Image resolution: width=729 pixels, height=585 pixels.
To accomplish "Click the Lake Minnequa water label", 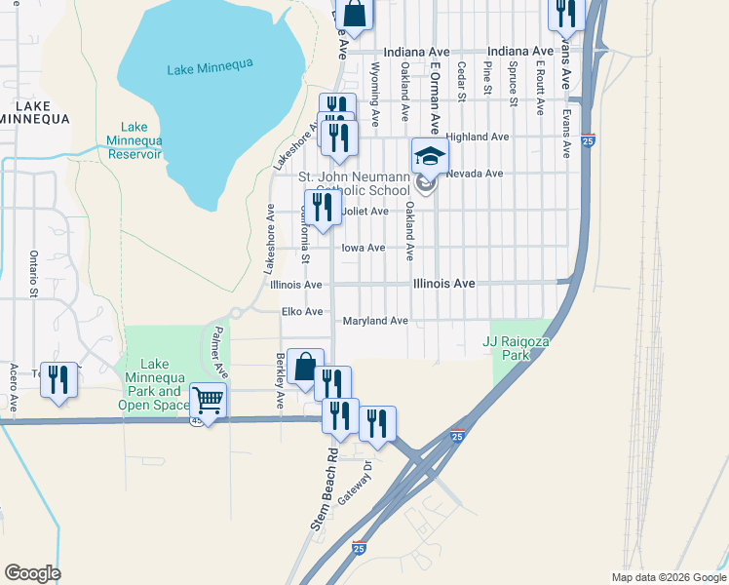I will pos(210,66).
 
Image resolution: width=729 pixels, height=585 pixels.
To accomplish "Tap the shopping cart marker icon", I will pos(209,399).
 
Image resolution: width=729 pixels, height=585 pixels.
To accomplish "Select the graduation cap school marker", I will pos(430,155).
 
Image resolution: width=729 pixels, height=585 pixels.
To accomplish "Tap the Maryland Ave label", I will pos(375,321).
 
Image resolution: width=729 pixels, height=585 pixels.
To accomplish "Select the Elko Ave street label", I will pos(301,312).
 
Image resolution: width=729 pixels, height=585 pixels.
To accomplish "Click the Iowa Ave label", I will pos(363,249).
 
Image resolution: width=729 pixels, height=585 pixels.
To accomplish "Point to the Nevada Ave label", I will pos(475,174).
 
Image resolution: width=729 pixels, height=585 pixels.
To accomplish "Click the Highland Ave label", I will pos(478,137).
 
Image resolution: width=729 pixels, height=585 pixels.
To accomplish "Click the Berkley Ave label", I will pos(281,380).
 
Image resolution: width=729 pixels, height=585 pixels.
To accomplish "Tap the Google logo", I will pos(32,573).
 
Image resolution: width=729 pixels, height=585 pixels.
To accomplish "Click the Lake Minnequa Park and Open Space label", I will pos(154,384).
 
